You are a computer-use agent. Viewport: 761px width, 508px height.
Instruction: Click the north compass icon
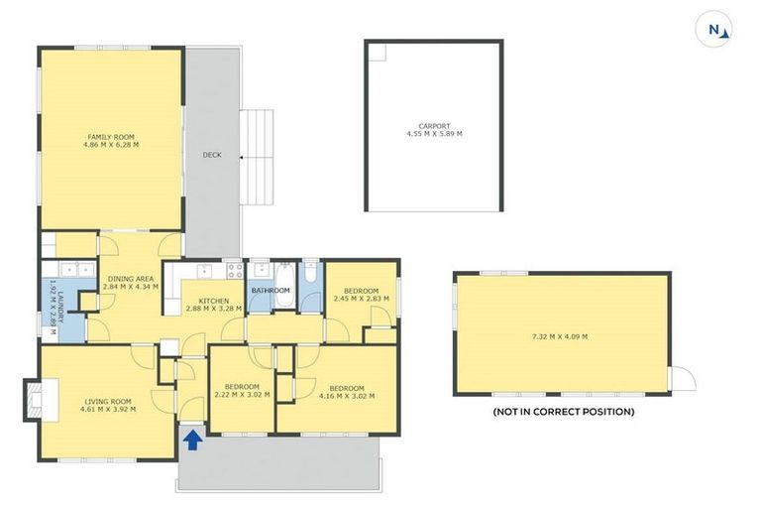715,30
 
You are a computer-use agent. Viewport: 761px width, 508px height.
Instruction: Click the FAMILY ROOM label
111,137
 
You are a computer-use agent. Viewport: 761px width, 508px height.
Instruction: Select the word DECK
212,155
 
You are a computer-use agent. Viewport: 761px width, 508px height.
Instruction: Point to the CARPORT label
434,126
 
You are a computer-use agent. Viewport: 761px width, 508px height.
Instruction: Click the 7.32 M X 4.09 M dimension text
560,336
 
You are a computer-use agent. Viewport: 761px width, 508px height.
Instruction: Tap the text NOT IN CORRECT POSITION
564,411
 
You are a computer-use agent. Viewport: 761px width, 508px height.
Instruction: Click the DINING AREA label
128,279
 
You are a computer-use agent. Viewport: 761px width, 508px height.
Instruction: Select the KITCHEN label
214,301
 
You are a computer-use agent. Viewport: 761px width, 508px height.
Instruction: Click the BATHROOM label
270,291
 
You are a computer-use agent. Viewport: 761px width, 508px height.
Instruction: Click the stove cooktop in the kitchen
236,268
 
